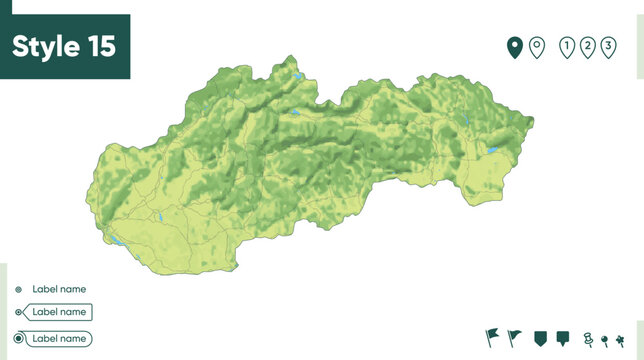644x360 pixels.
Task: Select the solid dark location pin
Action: pyautogui.click(x=515, y=47)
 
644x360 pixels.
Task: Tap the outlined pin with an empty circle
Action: pyautogui.click(x=537, y=47)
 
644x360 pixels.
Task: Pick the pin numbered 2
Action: pyautogui.click(x=588, y=47)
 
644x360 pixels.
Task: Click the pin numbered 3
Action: pyautogui.click(x=608, y=47)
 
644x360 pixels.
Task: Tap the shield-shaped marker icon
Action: pyautogui.click(x=541, y=338)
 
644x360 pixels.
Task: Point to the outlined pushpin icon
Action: pyautogui.click(x=588, y=338)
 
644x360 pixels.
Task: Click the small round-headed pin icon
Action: pyautogui.click(x=605, y=339)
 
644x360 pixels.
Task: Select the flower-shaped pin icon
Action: pyautogui.click(x=620, y=339)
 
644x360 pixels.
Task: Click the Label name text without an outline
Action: pyautogui.click(x=59, y=289)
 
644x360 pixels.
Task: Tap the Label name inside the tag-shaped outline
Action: pyautogui.click(x=59, y=312)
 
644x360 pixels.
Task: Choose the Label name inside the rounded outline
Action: pyautogui.click(x=59, y=339)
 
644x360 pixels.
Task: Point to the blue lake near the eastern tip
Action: pyautogui.click(x=492, y=150)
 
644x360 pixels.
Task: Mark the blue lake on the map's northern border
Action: pyautogui.click(x=298, y=77)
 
